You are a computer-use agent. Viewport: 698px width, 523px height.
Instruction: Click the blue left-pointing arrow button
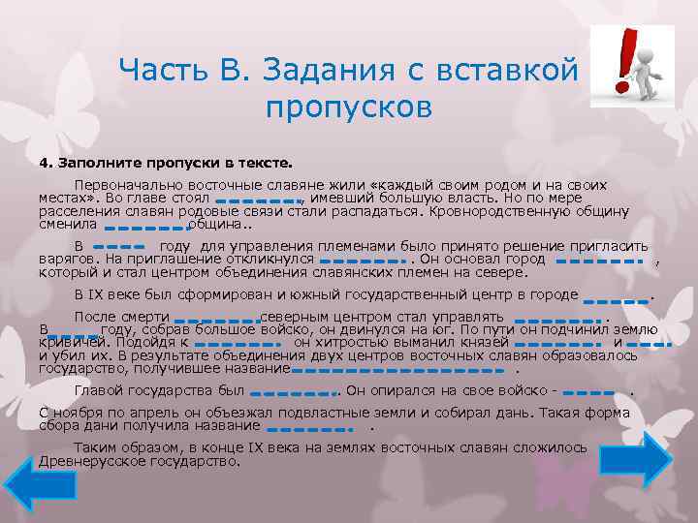34,485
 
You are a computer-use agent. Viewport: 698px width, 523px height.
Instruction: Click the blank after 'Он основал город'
601,261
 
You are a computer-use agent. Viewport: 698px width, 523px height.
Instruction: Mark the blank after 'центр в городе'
617,301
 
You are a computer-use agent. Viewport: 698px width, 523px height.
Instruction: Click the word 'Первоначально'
120,183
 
